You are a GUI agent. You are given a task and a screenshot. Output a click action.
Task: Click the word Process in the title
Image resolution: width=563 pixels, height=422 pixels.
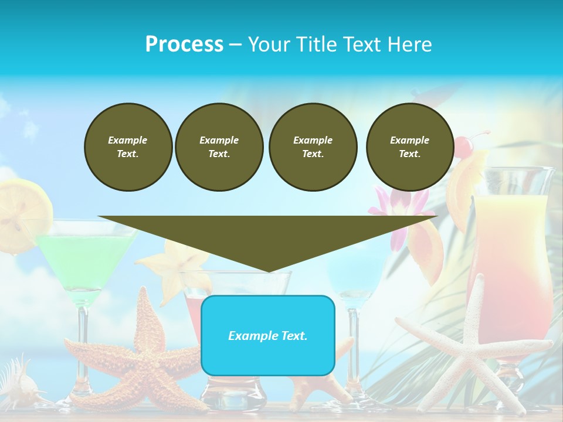184,45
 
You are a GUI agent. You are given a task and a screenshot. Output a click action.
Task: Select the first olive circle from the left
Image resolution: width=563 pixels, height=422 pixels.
128,147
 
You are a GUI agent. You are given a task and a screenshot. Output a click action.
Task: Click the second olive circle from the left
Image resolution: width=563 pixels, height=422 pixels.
219,147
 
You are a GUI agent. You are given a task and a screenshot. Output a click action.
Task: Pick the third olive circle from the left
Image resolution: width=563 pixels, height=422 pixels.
313,147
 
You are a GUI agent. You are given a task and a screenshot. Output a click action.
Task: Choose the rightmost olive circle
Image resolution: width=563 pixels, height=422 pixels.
409,147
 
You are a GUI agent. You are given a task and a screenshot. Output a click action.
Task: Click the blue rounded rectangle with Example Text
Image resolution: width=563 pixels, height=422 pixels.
267,335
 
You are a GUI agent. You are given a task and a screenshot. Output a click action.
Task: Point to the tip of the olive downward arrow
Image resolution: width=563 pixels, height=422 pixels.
268,270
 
